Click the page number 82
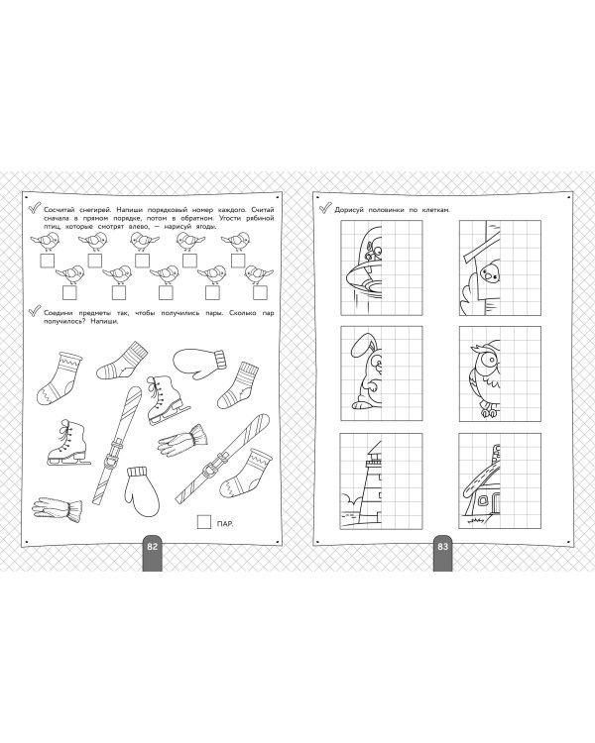[152, 546]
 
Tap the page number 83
[442, 546]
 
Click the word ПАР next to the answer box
[225, 524]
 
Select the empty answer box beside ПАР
[204, 522]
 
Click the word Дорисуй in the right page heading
[350, 209]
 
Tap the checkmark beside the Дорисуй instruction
[324, 208]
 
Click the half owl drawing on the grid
[485, 377]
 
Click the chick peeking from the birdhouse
[491, 273]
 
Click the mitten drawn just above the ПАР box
[143, 489]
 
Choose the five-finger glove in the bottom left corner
[57, 509]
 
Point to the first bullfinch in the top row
[46, 242]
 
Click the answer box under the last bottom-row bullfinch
[260, 293]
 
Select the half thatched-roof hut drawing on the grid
[480, 484]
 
